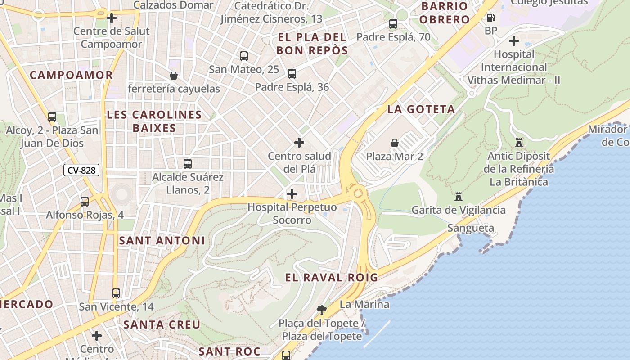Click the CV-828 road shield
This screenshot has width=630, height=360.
[81, 171]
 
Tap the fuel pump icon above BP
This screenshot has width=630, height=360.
[491, 18]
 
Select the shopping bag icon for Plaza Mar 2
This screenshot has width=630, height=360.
[395, 143]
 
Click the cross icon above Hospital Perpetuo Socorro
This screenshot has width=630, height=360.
[292, 194]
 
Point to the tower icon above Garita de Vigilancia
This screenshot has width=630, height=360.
[459, 197]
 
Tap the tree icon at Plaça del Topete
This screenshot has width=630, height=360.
[321, 310]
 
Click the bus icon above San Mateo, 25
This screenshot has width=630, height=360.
[244, 56]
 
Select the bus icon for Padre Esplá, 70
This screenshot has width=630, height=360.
[393, 24]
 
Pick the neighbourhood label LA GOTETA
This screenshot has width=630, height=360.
[421, 109]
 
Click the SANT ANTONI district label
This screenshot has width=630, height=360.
[162, 241]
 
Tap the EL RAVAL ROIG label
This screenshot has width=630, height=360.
[332, 278]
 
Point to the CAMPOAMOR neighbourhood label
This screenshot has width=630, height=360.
[71, 75]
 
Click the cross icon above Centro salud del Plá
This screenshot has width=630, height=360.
[299, 143]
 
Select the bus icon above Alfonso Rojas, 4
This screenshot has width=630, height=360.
[85, 202]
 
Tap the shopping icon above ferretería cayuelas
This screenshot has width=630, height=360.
[174, 76]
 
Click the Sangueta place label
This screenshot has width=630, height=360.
[470, 228]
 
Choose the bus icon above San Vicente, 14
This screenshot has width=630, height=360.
[116, 293]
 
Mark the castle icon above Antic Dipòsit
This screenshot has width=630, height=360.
[519, 143]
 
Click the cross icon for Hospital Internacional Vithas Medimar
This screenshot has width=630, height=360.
[513, 41]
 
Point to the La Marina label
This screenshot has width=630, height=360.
[364, 305]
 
